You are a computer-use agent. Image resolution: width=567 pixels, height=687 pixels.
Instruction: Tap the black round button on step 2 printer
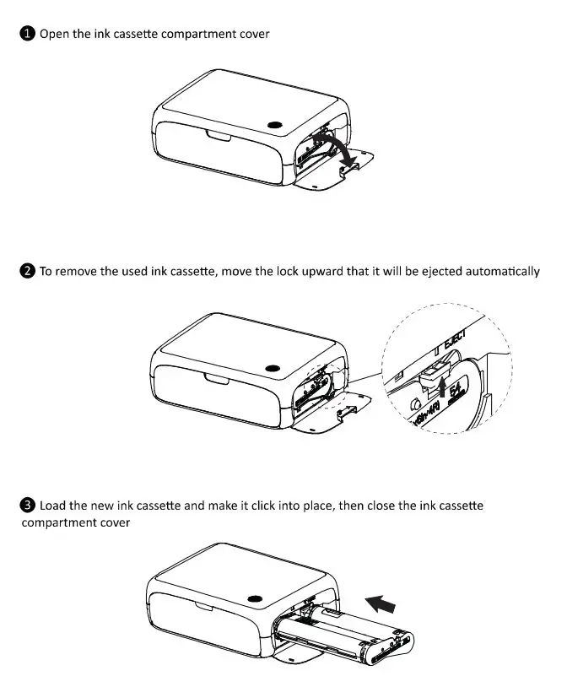[x=272, y=368]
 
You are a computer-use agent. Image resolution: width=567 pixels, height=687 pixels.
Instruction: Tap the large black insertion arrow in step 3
[x=381, y=603]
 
